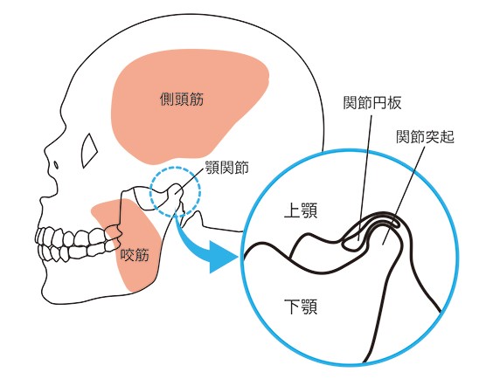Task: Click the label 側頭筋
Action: click(182, 99)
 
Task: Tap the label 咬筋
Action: click(135, 255)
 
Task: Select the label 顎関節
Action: click(227, 168)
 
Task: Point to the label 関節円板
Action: click(372, 102)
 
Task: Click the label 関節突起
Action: click(425, 136)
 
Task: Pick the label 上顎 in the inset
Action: click(301, 210)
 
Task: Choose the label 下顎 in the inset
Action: click(301, 307)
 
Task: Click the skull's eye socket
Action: click(89, 150)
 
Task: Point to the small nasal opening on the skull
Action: click(56, 165)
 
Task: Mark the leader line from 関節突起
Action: click(404, 196)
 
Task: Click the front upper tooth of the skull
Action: click(39, 236)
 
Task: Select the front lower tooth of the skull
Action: click(42, 252)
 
